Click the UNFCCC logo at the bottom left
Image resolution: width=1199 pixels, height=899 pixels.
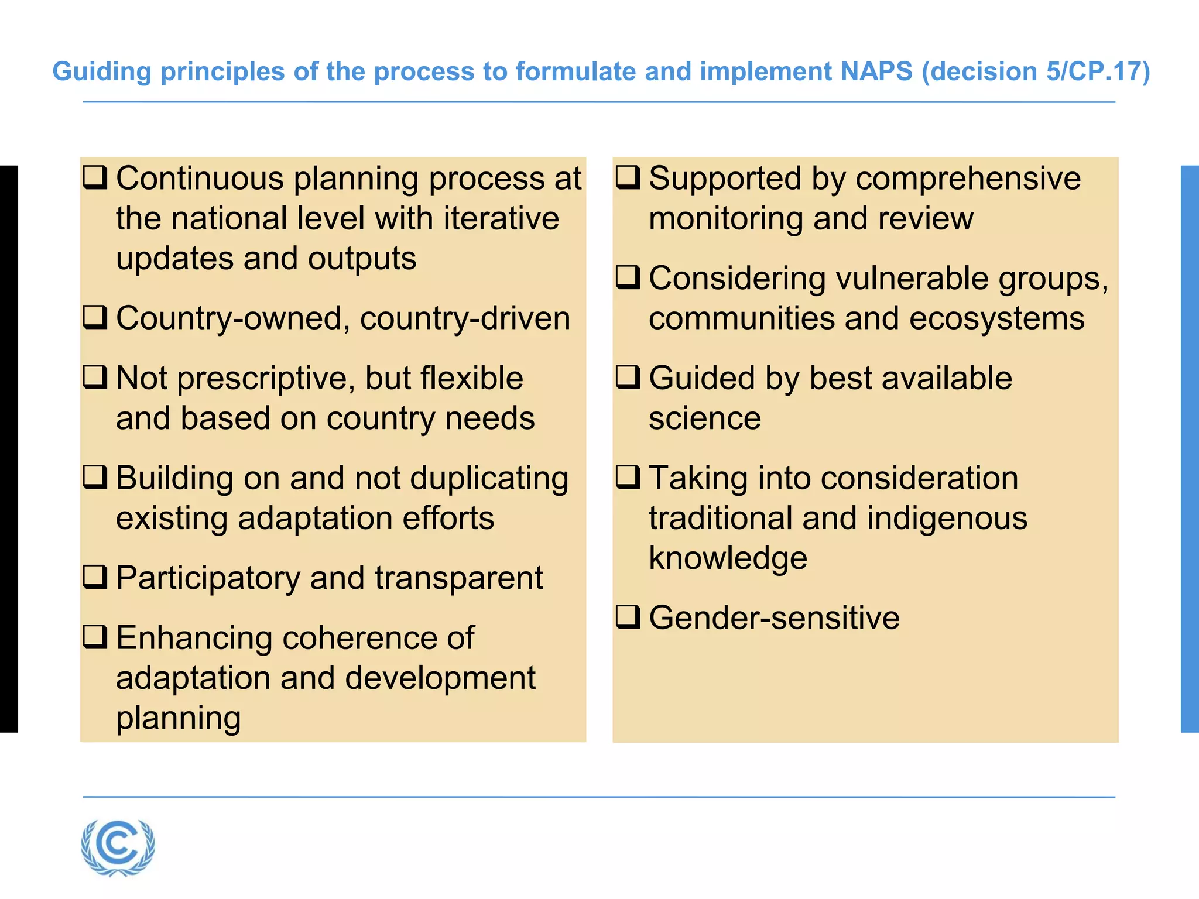pos(118,847)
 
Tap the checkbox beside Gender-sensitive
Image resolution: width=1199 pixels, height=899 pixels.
pos(628,616)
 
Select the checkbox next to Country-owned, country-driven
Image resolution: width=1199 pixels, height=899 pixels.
pos(95,317)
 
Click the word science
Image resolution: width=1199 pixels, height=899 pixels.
pos(705,418)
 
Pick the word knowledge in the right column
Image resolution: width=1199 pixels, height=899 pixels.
pos(728,558)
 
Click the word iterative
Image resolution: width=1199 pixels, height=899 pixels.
pos(501,218)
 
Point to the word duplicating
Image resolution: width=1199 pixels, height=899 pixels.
pos(489,479)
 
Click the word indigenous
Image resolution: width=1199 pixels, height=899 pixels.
pos(947,519)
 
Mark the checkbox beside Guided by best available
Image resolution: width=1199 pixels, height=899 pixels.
pos(628,377)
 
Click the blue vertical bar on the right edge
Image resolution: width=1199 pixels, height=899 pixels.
pos(1190,448)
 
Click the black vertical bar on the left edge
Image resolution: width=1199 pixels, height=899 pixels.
pos(9,448)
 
